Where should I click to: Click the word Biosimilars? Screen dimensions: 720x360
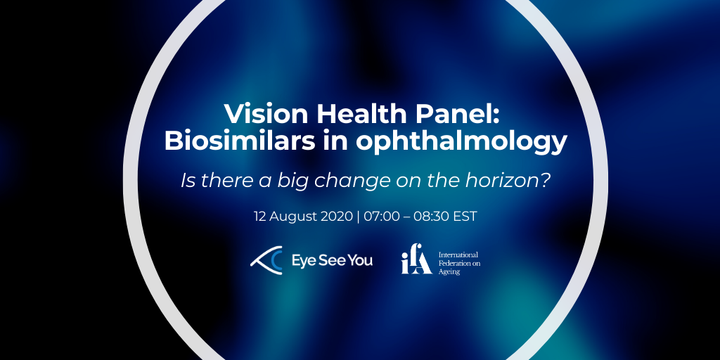point(240,141)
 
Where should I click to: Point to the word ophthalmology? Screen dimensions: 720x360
point(461,143)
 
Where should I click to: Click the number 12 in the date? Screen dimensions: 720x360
point(260,217)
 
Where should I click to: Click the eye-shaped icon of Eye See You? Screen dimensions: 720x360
point(266,261)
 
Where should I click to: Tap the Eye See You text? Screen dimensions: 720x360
point(332,261)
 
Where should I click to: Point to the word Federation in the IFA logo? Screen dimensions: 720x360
point(455,264)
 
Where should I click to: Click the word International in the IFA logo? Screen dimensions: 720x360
point(458,255)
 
